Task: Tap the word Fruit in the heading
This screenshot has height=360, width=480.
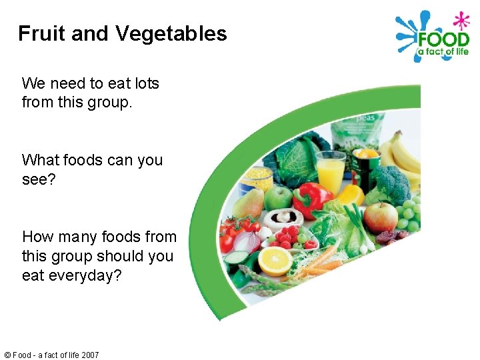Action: coord(41,33)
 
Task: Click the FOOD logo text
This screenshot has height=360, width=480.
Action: coord(442,38)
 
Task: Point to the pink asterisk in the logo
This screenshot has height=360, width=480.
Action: coord(460,20)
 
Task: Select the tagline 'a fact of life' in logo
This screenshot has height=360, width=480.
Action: coord(443,52)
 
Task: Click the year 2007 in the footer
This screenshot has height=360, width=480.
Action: coord(89,355)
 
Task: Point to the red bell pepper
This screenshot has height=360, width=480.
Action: coord(311,198)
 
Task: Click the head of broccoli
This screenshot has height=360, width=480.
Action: coord(391,183)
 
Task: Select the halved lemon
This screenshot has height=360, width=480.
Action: coord(275,261)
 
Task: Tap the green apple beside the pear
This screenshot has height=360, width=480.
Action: coord(279,198)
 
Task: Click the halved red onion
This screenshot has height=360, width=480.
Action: coord(246,242)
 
